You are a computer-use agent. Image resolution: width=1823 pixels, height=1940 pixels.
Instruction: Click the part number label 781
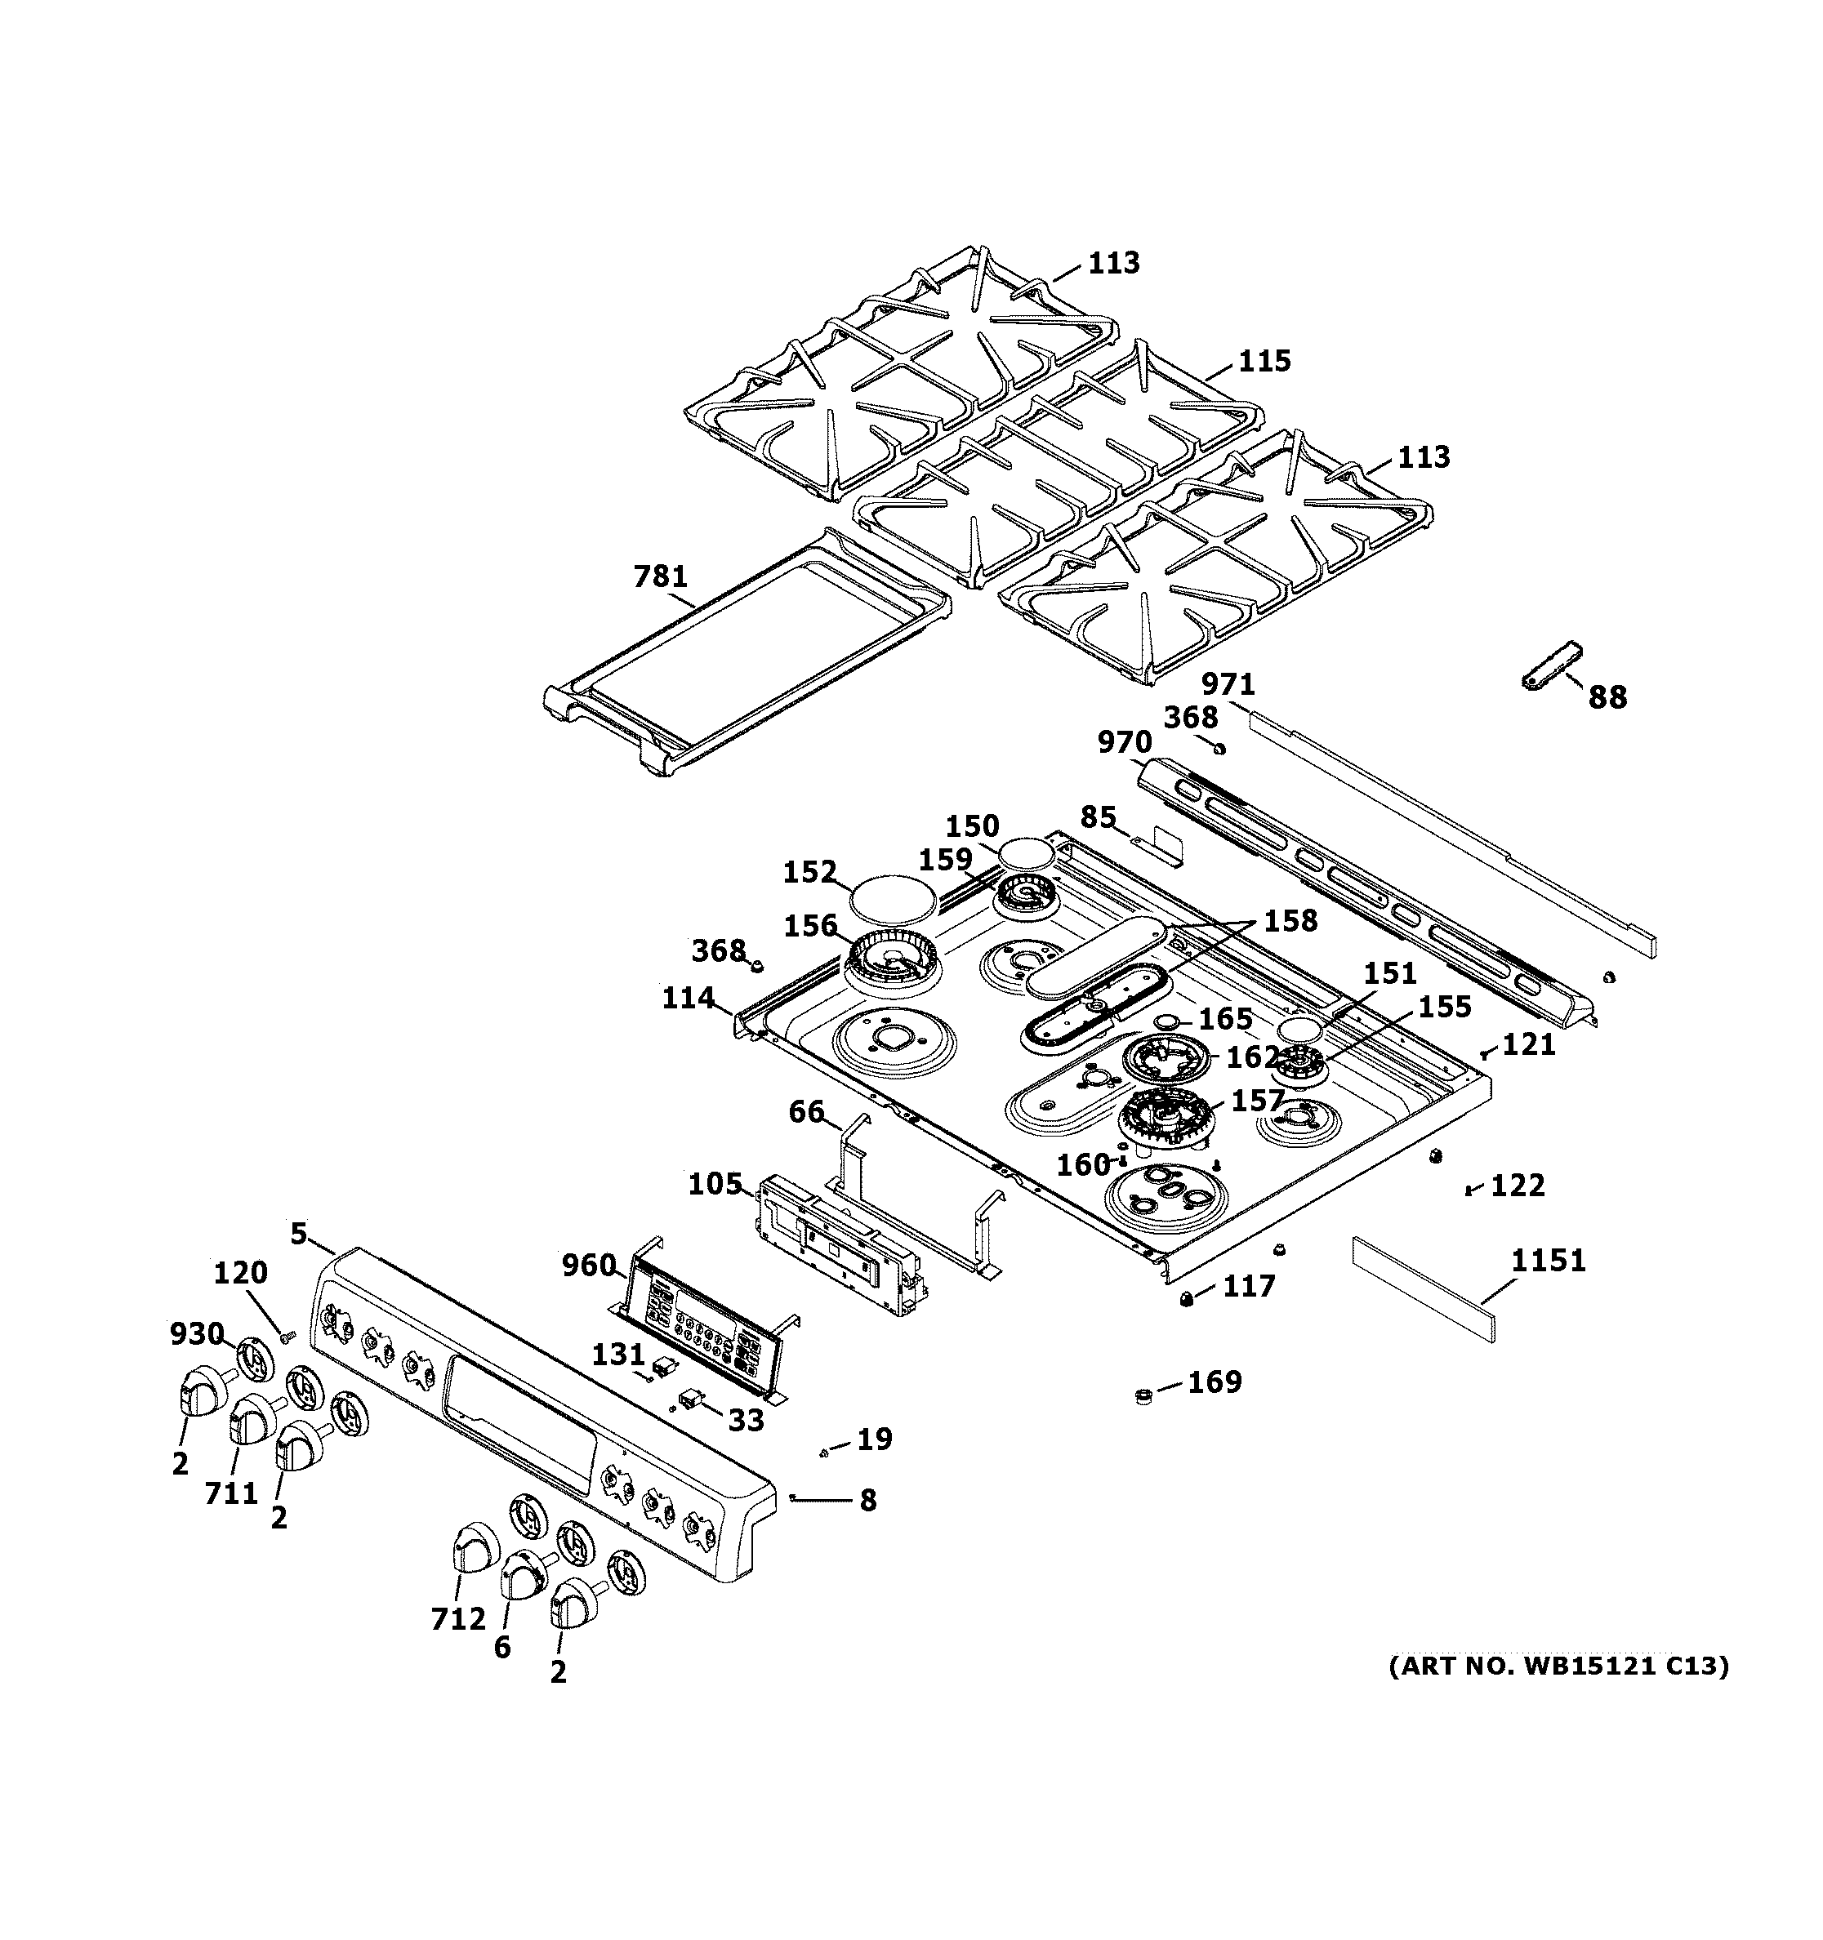pos(661,576)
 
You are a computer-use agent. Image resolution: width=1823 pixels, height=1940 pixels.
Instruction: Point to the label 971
pos(1228,684)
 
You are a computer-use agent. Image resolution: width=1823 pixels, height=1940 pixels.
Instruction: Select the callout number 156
pos(810,925)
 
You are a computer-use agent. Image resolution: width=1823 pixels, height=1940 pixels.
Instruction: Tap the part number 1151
pos(1549,1261)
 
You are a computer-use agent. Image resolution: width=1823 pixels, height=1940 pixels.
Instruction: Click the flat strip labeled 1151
pos(1423,1290)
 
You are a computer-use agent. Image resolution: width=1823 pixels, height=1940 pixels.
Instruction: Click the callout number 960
pos(589,1266)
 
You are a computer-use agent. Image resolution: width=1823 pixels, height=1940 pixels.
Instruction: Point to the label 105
pos(715,1184)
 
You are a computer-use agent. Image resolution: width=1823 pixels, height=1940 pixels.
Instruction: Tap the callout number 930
pos(196,1333)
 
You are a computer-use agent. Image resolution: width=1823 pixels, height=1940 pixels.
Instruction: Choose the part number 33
pos(746,1421)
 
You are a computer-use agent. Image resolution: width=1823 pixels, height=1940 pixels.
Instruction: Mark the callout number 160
pos(1083,1164)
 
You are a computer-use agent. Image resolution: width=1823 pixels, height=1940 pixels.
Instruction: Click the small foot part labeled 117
pos(1187,1298)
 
